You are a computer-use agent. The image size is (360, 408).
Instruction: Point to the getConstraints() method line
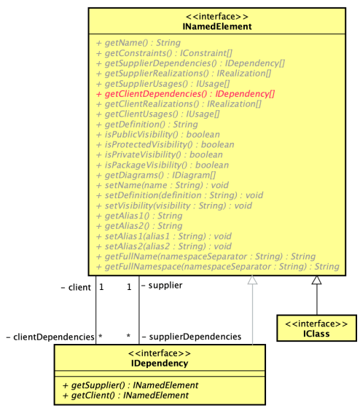160,53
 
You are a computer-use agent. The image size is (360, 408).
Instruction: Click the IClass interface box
316,328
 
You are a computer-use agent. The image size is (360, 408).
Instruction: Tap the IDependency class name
160,364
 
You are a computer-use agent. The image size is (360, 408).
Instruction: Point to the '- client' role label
75,287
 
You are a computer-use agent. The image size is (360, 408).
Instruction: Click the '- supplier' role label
161,286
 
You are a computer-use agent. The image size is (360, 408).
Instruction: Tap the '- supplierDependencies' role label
191,337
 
